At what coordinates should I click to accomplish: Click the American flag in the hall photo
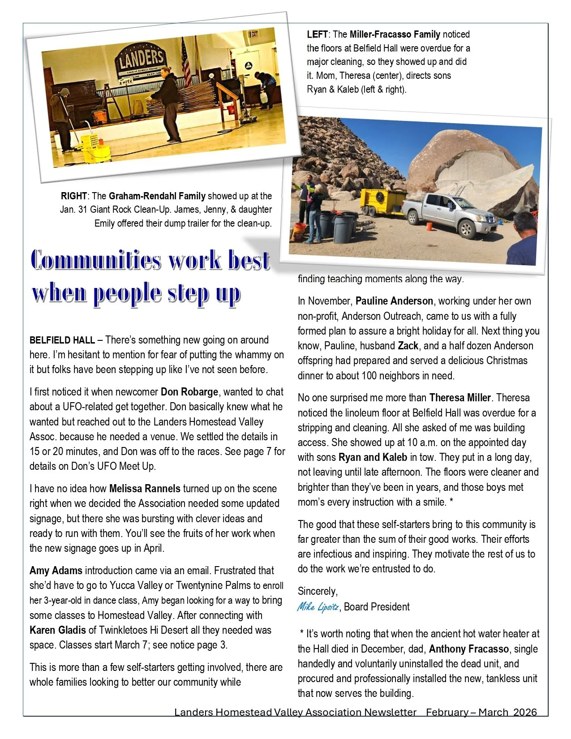tap(185, 63)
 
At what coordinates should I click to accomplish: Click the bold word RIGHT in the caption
tap(74, 196)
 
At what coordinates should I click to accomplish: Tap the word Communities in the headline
tap(96, 260)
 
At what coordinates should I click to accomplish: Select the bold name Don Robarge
tap(189, 392)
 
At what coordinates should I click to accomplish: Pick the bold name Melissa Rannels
tap(145, 489)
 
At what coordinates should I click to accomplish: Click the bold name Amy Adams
tap(56, 571)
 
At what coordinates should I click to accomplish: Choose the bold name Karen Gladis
tap(57, 630)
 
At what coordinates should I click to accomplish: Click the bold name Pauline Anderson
tap(394, 301)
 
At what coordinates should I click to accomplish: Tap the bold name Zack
tap(408, 346)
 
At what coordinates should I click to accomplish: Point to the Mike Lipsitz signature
tap(318, 607)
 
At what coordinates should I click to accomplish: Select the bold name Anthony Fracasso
tap(468, 649)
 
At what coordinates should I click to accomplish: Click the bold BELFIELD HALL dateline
tap(62, 340)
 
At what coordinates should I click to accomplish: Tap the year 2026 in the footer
tap(525, 712)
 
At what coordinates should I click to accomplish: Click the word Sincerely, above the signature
tap(318, 591)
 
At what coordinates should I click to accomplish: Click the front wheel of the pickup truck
tap(467, 230)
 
